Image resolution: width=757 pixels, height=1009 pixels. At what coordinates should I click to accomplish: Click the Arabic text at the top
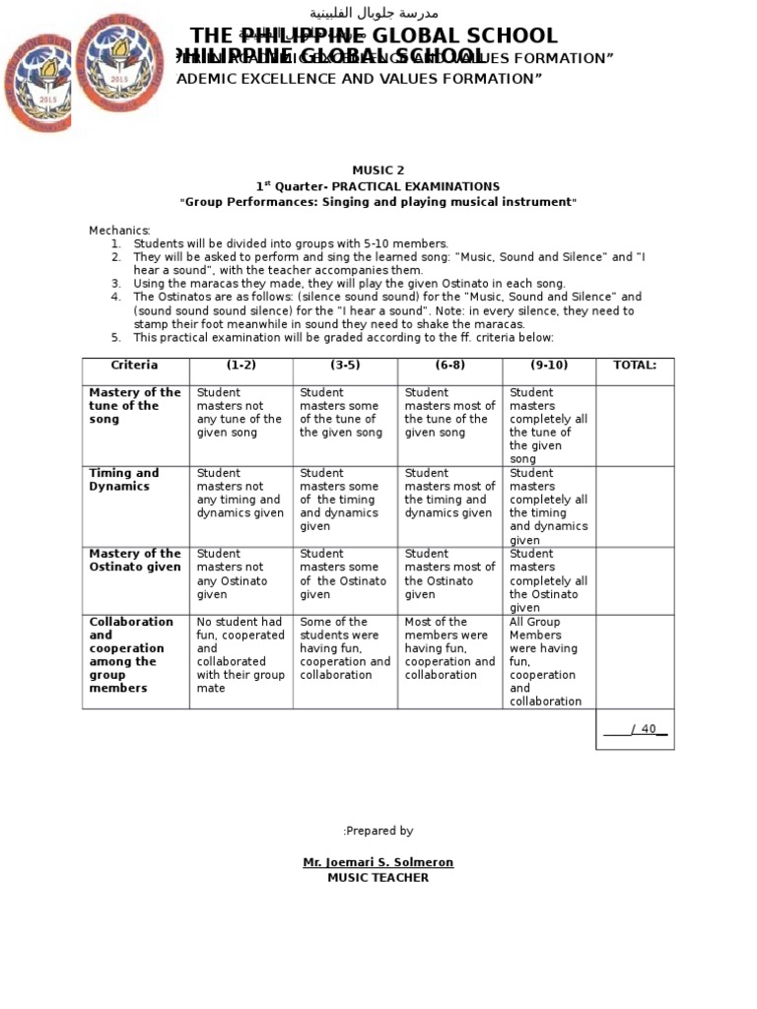click(374, 13)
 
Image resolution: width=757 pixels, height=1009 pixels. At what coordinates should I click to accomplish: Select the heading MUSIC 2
click(378, 170)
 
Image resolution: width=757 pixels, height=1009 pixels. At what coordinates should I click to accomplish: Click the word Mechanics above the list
click(119, 231)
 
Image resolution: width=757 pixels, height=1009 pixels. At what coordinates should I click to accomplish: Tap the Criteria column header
click(134, 366)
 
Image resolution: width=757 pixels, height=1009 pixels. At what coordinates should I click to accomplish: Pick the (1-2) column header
click(241, 366)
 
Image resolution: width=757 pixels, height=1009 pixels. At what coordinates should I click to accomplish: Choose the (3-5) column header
click(345, 366)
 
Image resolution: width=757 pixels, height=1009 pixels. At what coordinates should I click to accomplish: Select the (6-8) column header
click(449, 366)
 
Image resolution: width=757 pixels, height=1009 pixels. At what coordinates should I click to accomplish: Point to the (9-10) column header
click(548, 366)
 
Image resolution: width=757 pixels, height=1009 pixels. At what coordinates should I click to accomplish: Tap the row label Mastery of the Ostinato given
click(135, 561)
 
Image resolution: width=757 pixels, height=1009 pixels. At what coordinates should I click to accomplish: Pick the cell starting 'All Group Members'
click(546, 661)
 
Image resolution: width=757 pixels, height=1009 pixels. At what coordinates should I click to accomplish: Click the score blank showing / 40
click(635, 730)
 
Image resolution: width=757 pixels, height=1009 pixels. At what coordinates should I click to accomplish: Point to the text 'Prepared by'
click(378, 832)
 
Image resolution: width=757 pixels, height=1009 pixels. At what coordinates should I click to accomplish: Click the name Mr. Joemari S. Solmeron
click(378, 863)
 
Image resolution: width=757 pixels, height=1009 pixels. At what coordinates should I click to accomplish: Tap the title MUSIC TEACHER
click(378, 878)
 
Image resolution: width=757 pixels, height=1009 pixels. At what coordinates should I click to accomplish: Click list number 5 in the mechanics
click(115, 338)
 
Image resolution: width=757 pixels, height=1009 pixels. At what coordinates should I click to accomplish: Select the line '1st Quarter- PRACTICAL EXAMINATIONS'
click(378, 186)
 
